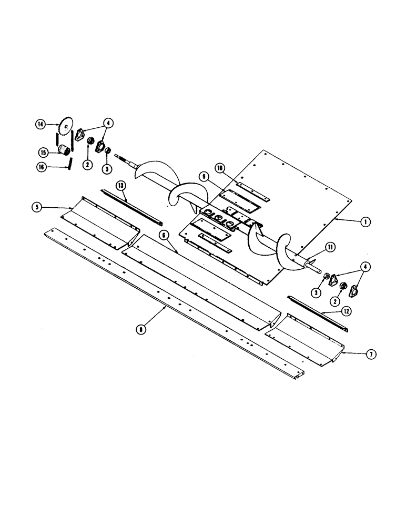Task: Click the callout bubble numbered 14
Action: coord(40,125)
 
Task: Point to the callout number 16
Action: coord(40,167)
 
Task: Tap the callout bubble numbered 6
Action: coord(164,234)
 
